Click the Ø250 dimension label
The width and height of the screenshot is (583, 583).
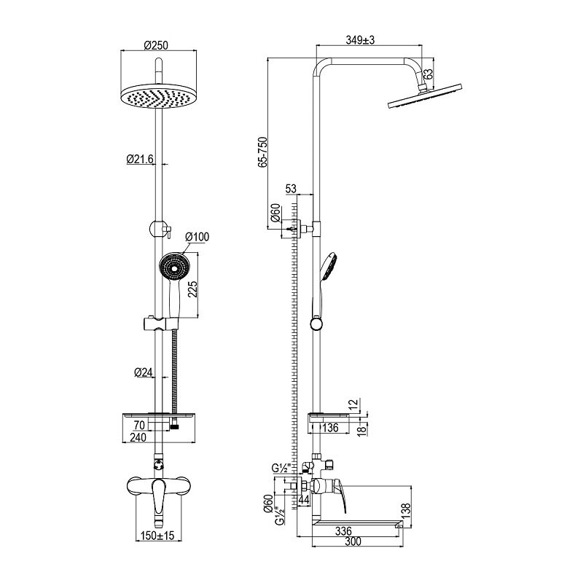pyautogui.click(x=156, y=45)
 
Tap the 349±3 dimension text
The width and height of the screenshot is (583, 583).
pyautogui.click(x=360, y=40)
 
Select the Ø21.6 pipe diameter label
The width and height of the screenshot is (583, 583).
pyautogui.click(x=140, y=159)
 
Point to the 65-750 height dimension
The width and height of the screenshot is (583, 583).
pyautogui.click(x=263, y=152)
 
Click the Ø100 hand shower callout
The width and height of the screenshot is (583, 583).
pyautogui.click(x=197, y=237)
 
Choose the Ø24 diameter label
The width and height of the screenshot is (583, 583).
pyautogui.click(x=143, y=372)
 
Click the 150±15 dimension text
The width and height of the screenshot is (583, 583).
pyautogui.click(x=157, y=536)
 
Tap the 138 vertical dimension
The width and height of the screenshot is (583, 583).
pyautogui.click(x=406, y=512)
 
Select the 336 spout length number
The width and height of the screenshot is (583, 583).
pyautogui.click(x=343, y=531)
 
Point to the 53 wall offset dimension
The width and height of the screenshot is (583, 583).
pyautogui.click(x=291, y=189)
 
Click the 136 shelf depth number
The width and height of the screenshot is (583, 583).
pyautogui.click(x=330, y=428)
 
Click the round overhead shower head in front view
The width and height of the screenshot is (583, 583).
pyautogui.click(x=159, y=97)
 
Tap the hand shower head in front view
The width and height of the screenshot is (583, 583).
pyautogui.click(x=174, y=266)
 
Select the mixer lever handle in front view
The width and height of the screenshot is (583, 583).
pyautogui.click(x=159, y=501)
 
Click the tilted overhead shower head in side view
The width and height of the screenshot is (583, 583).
pyautogui.click(x=425, y=97)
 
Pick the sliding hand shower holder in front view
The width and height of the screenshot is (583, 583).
pyautogui.click(x=161, y=324)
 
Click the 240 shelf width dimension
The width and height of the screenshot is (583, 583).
pyautogui.click(x=138, y=437)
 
